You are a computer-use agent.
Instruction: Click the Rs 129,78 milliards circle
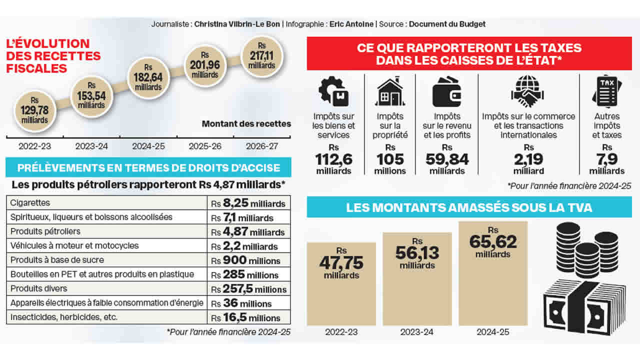(35, 110)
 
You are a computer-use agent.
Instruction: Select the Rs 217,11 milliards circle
(261, 55)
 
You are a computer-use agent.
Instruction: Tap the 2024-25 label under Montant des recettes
(148, 146)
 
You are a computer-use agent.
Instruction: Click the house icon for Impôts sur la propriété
(390, 92)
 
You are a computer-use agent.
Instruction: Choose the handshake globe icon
(528, 92)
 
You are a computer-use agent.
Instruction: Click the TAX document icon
(606, 92)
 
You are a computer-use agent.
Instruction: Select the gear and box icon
(333, 92)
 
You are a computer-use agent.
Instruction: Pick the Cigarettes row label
(30, 203)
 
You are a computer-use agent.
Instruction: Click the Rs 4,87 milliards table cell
(248, 232)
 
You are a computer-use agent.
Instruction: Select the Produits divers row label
(38, 288)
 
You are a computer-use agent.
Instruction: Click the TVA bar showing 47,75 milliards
(341, 283)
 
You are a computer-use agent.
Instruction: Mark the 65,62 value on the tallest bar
(492, 242)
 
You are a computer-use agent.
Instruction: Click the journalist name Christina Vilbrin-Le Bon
(237, 24)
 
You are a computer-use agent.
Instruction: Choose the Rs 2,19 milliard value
(528, 159)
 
